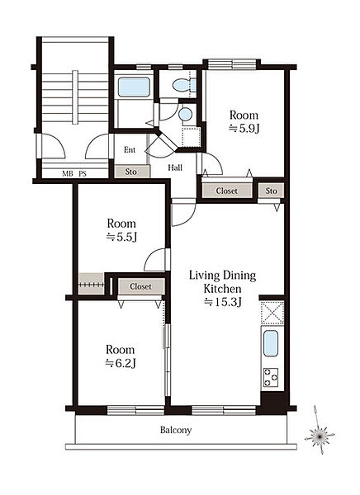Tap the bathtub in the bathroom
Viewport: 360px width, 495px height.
pyautogui.click(x=134, y=87)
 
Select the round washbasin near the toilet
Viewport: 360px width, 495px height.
pyautogui.click(x=185, y=114)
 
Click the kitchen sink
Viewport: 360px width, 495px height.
pyautogui.click(x=271, y=343)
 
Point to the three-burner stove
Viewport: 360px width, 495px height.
pyautogui.click(x=271, y=377)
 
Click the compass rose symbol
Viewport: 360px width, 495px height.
pyautogui.click(x=320, y=436)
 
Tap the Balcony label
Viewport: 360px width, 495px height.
pyautogui.click(x=176, y=430)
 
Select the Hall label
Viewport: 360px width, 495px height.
pyautogui.click(x=175, y=167)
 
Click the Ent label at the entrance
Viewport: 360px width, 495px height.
pyautogui.click(x=130, y=149)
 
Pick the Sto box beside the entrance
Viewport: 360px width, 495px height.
pyautogui.click(x=131, y=172)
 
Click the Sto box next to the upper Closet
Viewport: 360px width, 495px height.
pyautogui.click(x=271, y=191)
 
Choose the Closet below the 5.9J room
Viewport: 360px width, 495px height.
pyautogui.click(x=227, y=191)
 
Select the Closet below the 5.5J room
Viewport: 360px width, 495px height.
pyautogui.click(x=141, y=286)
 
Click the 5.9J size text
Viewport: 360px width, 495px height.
pyautogui.click(x=244, y=129)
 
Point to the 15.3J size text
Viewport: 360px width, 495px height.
pyautogui.click(x=223, y=303)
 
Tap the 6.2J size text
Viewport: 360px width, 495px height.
pyautogui.click(x=121, y=363)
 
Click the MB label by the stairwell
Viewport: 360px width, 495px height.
pyautogui.click(x=68, y=173)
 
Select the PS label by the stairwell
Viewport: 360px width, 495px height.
pyautogui.click(x=83, y=173)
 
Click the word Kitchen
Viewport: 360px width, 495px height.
pyautogui.click(x=222, y=289)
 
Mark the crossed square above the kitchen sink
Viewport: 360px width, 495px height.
pyautogui.click(x=272, y=313)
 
